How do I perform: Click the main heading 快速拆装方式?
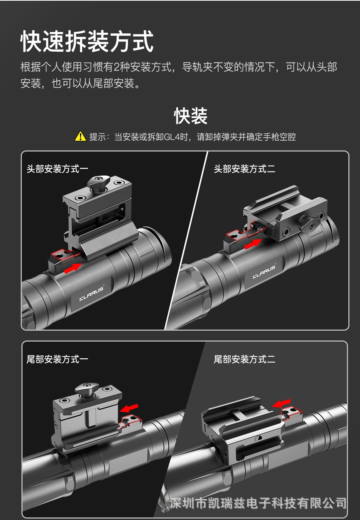[x=87, y=41]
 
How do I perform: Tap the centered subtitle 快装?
[x=191, y=116]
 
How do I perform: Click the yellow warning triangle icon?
[x=80, y=137]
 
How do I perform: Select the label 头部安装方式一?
[x=57, y=169]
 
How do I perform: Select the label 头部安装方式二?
[x=244, y=169]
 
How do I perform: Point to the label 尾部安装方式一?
[x=57, y=359]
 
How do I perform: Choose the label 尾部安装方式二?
[x=244, y=359]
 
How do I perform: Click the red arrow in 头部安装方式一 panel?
[x=73, y=268]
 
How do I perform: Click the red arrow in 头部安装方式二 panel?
[x=253, y=244]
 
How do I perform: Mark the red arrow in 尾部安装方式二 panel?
[x=281, y=403]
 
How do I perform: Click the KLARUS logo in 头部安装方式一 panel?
[x=92, y=294]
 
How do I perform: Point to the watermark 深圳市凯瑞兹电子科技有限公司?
[x=257, y=503]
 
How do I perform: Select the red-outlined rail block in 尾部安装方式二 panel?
[x=291, y=413]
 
